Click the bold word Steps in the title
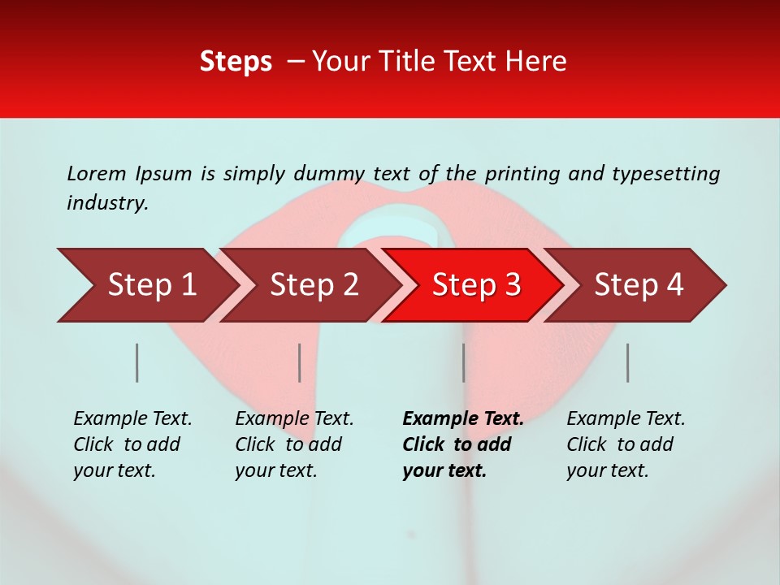click(236, 62)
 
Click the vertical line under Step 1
click(137, 362)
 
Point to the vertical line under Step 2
click(300, 362)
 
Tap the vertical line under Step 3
click(463, 362)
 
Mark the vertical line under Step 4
click(627, 362)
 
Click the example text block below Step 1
click(132, 444)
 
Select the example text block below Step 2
click(294, 444)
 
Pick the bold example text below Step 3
click(462, 444)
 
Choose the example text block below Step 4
click(626, 444)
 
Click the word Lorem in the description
click(97, 173)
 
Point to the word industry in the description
click(107, 203)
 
